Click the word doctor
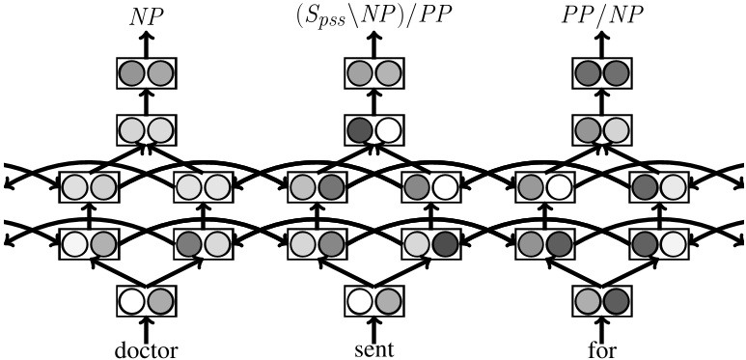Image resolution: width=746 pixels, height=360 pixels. [x=146, y=348]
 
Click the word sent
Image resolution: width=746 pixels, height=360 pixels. [x=373, y=348]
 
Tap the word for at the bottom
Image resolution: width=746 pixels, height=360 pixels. [x=601, y=348]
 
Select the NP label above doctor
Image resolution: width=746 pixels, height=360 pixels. [x=146, y=16]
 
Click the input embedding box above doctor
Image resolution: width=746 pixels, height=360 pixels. [x=146, y=302]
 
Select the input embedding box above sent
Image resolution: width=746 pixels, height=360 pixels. [x=373, y=302]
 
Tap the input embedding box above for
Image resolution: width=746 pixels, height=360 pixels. [x=601, y=302]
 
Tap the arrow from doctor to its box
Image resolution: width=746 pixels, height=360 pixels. [x=146, y=327]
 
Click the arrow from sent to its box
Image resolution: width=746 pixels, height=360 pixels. [x=373, y=327]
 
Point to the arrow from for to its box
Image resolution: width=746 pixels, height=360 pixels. [x=601, y=327]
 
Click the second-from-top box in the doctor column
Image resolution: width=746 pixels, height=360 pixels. [x=146, y=129]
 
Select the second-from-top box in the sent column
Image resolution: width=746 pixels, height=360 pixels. [x=373, y=129]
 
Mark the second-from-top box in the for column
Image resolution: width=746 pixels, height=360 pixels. [x=601, y=129]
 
